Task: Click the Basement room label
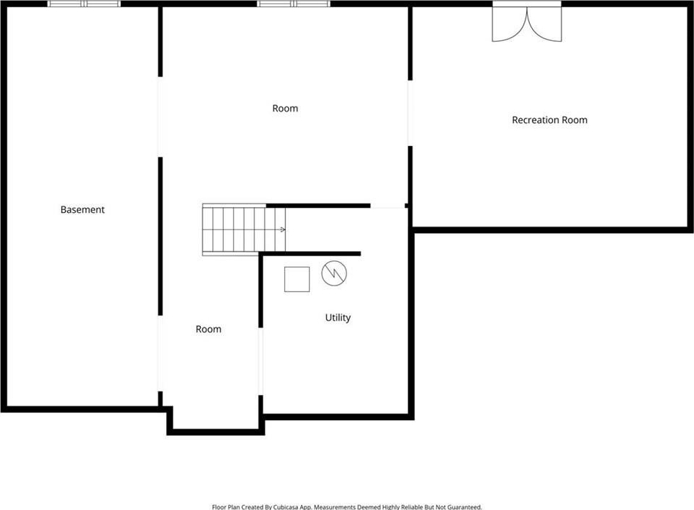tap(82, 209)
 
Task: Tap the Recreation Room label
tap(549, 120)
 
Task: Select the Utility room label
tap(338, 318)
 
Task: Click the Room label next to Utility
tap(209, 329)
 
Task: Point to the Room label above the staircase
tap(285, 109)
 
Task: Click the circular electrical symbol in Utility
tap(334, 273)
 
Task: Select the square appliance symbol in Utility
tap(297, 279)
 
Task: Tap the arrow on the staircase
tap(281, 229)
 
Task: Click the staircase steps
tap(244, 229)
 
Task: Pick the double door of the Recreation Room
tap(527, 22)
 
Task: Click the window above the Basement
tap(84, 4)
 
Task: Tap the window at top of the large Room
tap(294, 4)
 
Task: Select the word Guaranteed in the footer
tap(464, 507)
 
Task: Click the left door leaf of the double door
tap(510, 24)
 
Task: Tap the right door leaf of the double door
tap(544, 24)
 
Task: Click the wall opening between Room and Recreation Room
tap(410, 113)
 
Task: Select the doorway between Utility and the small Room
tap(261, 361)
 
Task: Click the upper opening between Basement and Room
tap(161, 117)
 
